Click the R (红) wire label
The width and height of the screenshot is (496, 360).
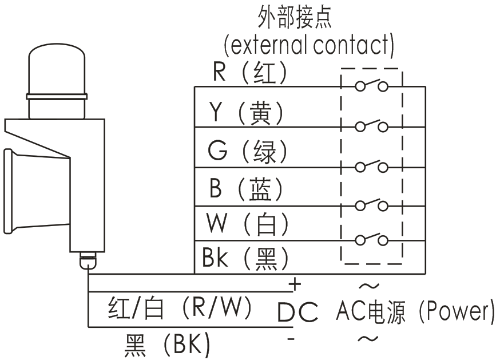coord(249,73)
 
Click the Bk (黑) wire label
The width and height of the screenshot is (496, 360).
coord(245,258)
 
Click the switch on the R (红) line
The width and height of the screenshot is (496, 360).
coord(371,86)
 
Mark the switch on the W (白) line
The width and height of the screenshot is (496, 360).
coord(371,239)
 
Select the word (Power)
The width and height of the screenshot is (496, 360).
coord(455,311)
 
